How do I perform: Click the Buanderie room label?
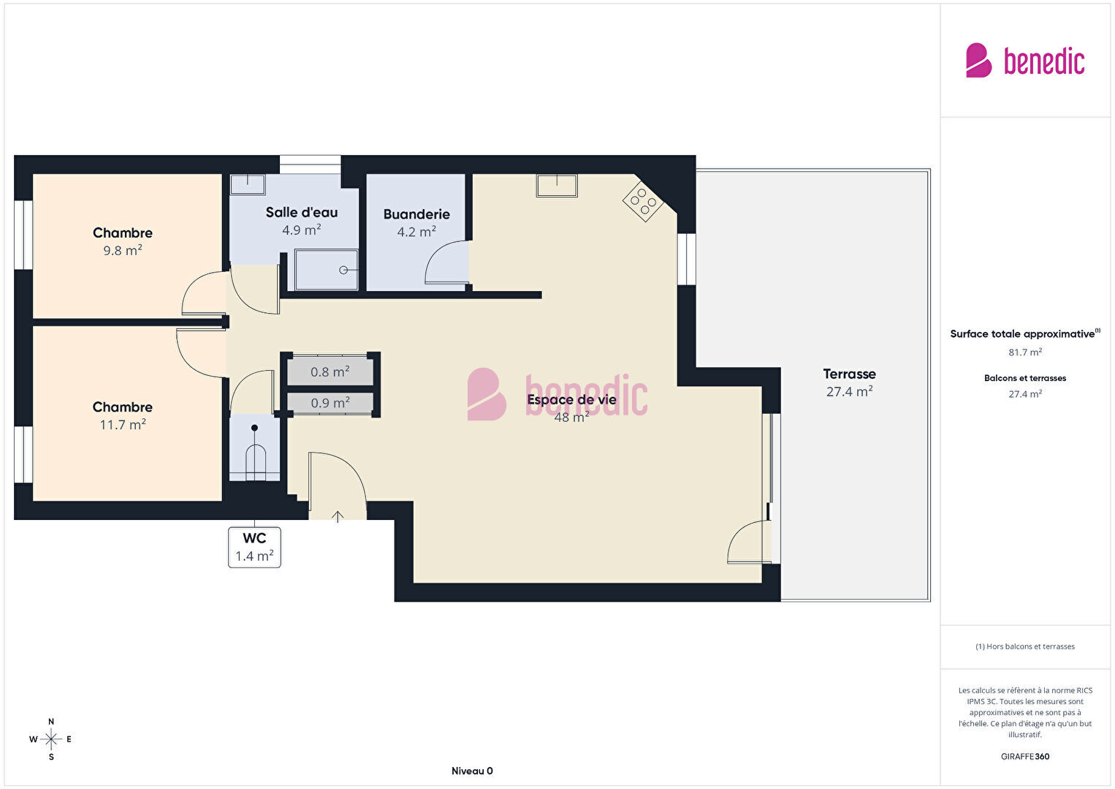(416, 214)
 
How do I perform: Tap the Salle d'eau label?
(302, 212)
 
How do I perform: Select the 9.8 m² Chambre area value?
(123, 249)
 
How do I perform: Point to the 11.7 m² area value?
(123, 424)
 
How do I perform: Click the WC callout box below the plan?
(254, 547)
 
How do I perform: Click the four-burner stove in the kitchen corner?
(642, 201)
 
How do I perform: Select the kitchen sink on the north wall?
(557, 185)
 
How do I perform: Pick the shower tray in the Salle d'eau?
(327, 270)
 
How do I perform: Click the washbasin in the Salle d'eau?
(248, 184)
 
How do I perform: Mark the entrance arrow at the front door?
(338, 516)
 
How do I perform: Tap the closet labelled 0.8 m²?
(330, 371)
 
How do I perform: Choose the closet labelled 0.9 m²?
(330, 402)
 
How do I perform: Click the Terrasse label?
(849, 374)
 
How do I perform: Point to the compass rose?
(50, 739)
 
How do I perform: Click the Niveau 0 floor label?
(472, 771)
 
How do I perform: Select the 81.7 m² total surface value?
(1025, 352)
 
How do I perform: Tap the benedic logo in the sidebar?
(1025, 61)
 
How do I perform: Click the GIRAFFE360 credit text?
(1025, 756)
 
